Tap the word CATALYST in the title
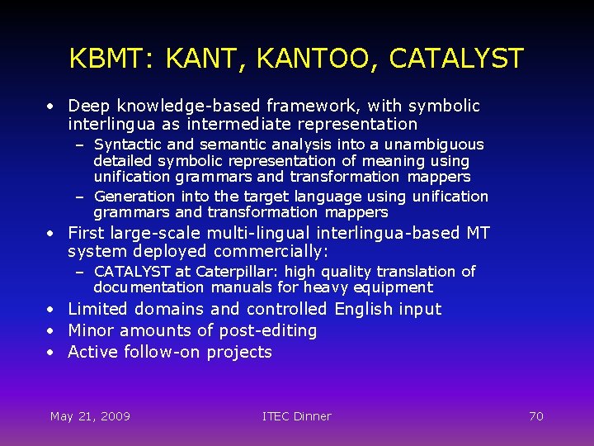pos(455,59)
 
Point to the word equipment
pos(394,287)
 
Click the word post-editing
pos(268,330)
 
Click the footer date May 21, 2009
pos(90,416)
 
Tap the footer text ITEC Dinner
pos(296,416)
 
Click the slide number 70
pos(535,416)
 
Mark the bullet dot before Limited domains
pos(51,310)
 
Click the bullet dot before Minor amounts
pos(51,331)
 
